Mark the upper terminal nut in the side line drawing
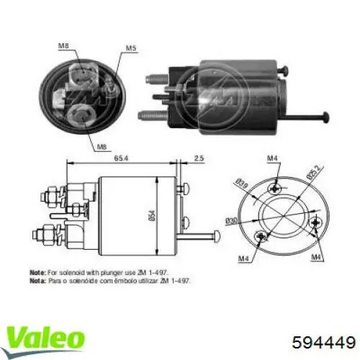[x=53, y=194]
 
